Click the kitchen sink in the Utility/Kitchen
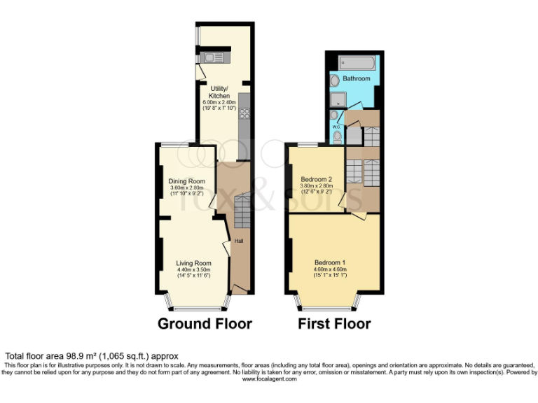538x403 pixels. (212, 57)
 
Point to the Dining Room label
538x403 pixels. (186, 181)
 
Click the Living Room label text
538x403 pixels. (193, 263)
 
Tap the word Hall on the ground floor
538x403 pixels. (238, 241)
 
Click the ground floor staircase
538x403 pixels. (242, 211)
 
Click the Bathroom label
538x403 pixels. (357, 79)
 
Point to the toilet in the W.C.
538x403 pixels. (338, 135)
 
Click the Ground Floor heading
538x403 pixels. (205, 324)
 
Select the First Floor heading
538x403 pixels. (334, 324)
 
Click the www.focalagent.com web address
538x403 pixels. (269, 379)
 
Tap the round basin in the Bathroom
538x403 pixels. (333, 80)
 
